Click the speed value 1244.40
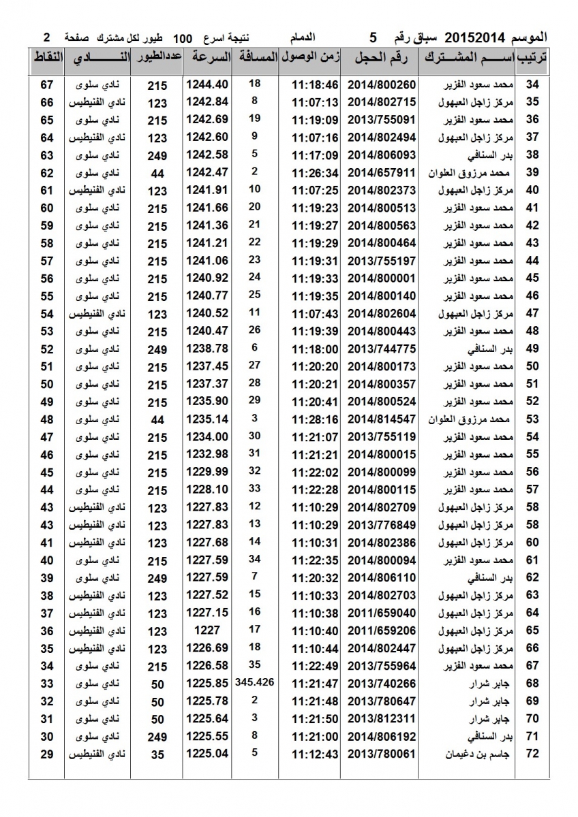tap(207, 84)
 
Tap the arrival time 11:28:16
tap(315, 418)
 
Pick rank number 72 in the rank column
tap(533, 754)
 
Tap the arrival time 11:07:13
tap(315, 102)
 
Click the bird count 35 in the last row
tap(157, 754)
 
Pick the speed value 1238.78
tap(207, 348)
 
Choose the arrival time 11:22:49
tap(315, 665)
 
